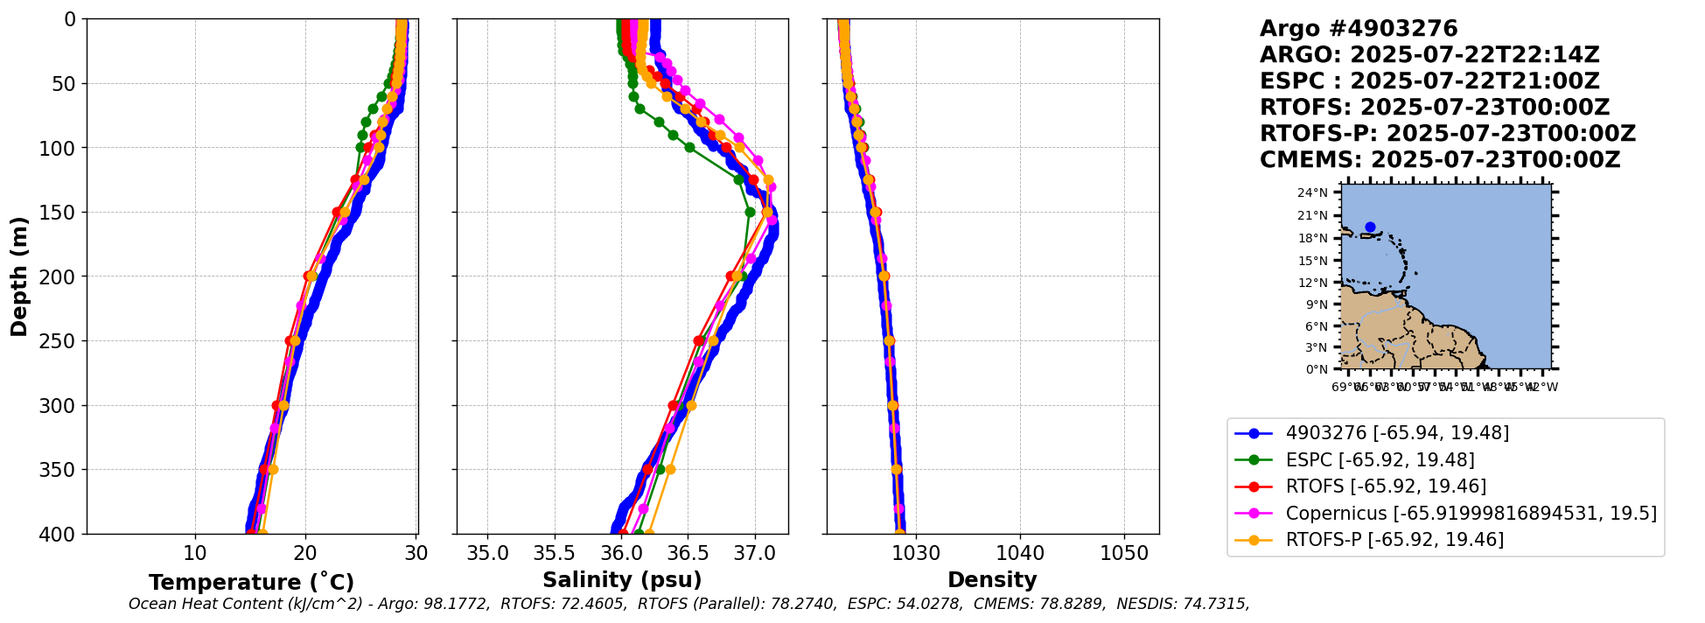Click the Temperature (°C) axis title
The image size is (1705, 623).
[x=251, y=582]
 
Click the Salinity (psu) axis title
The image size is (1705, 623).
[x=622, y=580]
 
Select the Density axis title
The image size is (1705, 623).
[x=992, y=580]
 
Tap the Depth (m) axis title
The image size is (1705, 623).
[x=19, y=276]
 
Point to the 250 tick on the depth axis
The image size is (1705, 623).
[x=64, y=341]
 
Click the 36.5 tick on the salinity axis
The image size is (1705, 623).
[x=688, y=554]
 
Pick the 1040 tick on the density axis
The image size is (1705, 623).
[x=1020, y=554]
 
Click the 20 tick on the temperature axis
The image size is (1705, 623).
[x=305, y=554]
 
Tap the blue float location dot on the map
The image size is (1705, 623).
[x=1370, y=227]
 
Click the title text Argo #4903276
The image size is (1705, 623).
[x=1359, y=29]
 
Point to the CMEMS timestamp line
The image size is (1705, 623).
[x=1439, y=160]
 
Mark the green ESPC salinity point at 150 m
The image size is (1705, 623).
[x=750, y=212]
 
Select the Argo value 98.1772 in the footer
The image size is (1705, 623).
[x=456, y=604]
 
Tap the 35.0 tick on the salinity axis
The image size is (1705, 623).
[x=487, y=554]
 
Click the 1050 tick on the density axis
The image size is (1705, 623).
[x=1124, y=554]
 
